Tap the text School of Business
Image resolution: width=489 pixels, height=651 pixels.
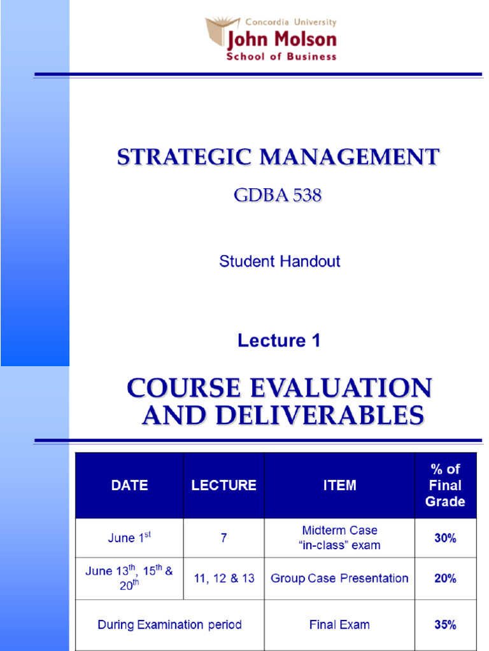click(x=281, y=57)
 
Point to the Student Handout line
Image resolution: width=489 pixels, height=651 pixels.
click(x=280, y=261)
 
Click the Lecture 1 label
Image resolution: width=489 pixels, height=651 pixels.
click(x=279, y=341)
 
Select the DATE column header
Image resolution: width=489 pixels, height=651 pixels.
click(x=129, y=486)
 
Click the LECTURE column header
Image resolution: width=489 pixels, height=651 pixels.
click(x=223, y=486)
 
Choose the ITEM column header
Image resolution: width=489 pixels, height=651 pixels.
click(x=339, y=486)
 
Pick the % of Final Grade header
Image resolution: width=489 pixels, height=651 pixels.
click(x=445, y=485)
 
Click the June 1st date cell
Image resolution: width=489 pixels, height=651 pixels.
click(x=129, y=538)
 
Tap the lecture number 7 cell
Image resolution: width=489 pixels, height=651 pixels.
click(x=223, y=538)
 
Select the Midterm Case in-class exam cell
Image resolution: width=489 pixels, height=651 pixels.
click(x=339, y=538)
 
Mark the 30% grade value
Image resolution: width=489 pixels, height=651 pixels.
click(x=445, y=538)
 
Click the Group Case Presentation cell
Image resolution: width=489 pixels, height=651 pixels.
click(x=339, y=579)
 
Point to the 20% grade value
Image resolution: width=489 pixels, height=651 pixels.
click(x=445, y=579)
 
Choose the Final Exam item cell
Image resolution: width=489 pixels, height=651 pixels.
click(x=339, y=625)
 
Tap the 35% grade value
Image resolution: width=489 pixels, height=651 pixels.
click(x=445, y=625)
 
